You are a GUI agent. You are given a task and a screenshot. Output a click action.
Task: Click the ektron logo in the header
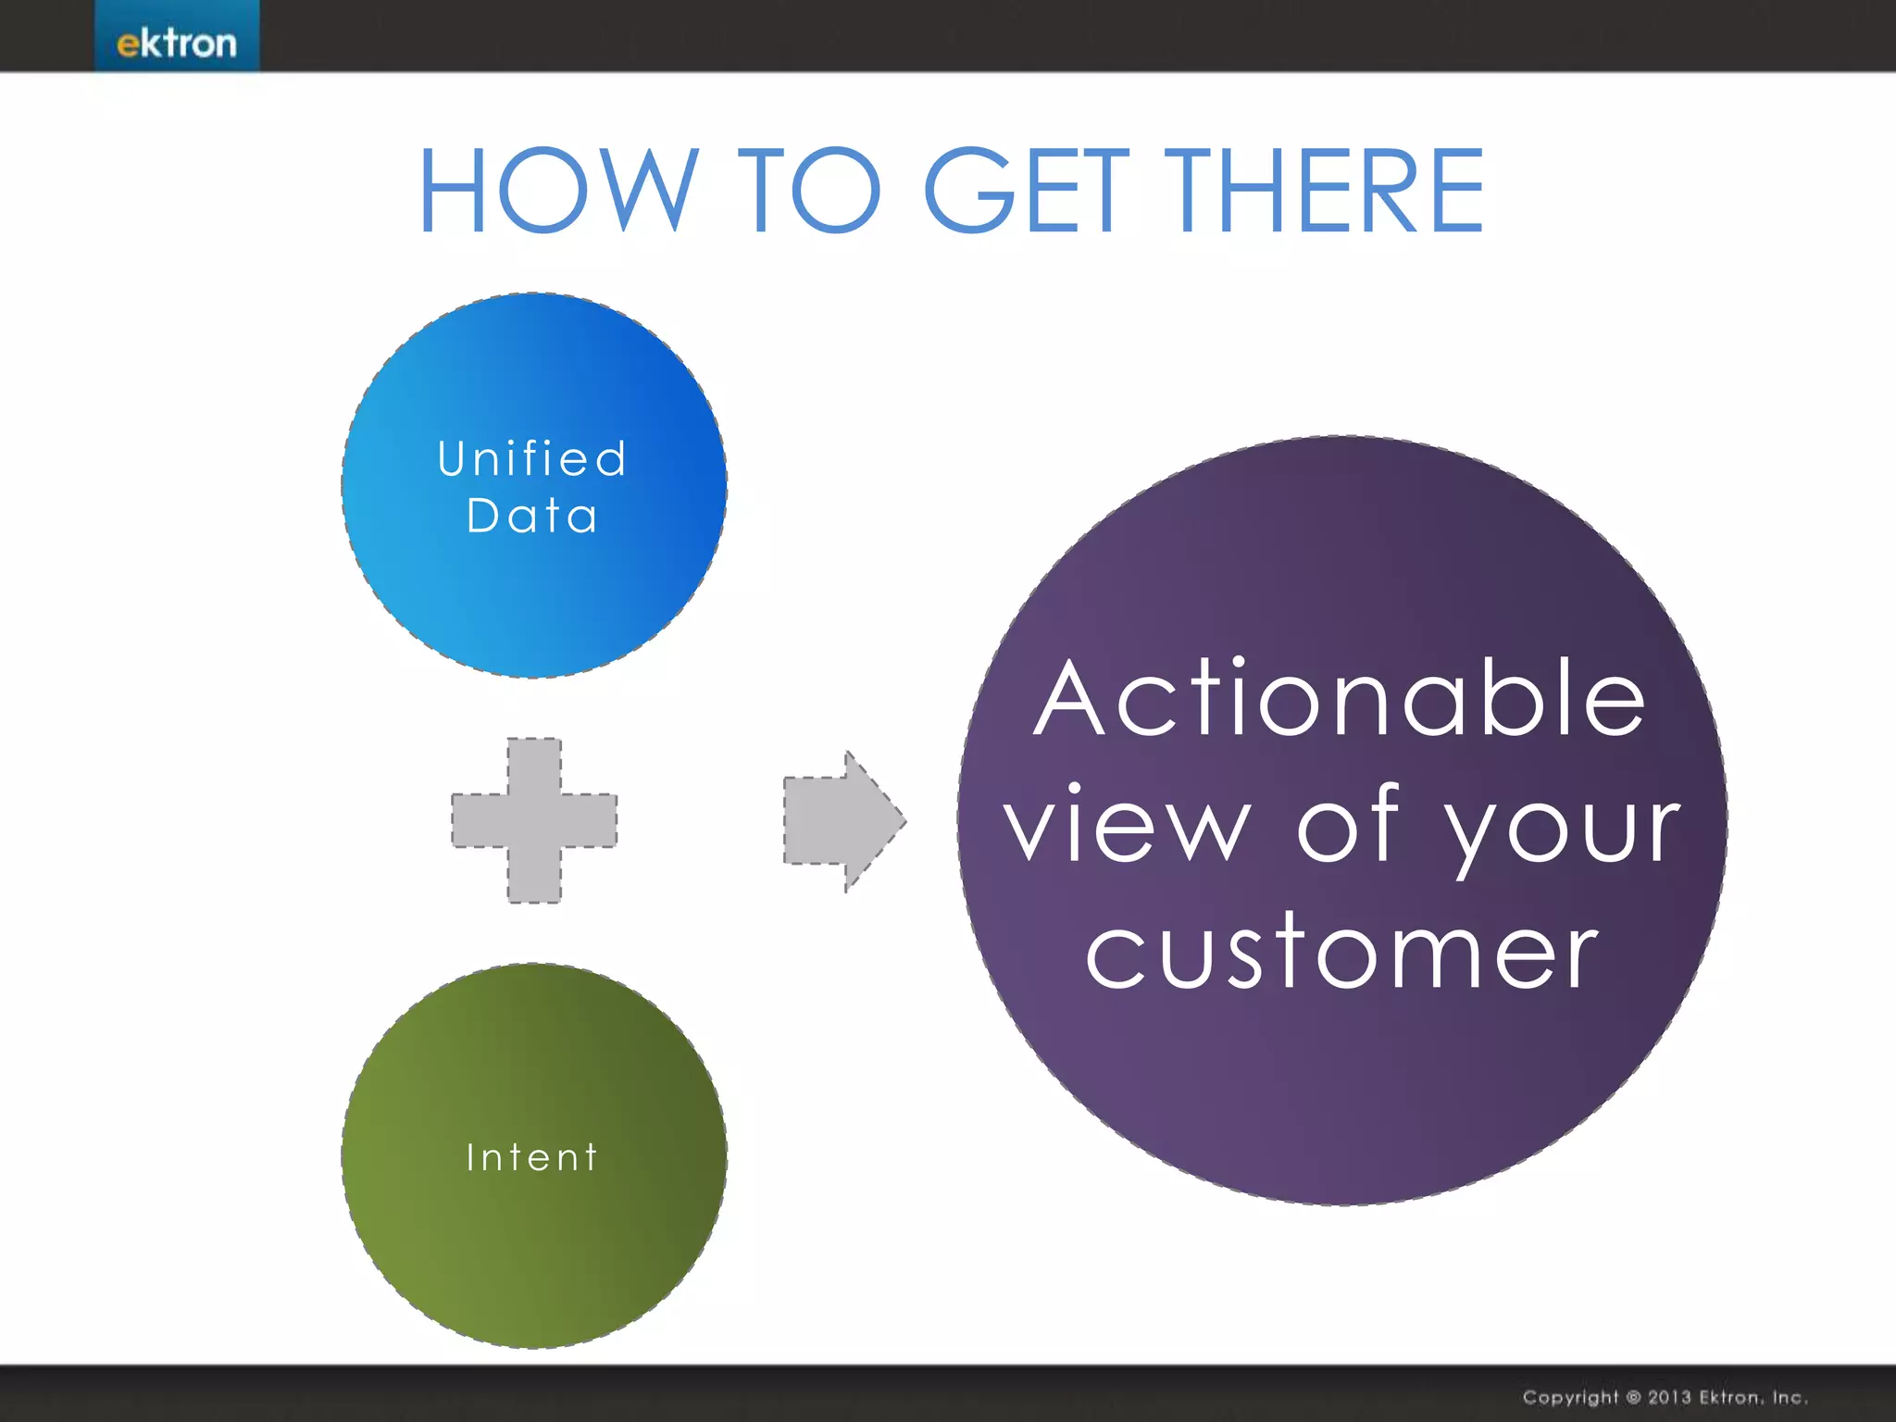coord(176,43)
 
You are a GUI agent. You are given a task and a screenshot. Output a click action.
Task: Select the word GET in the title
coord(1027,191)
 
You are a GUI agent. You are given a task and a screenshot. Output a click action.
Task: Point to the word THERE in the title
coord(1324,191)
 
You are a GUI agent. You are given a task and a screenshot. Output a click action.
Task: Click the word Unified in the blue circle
coord(532,459)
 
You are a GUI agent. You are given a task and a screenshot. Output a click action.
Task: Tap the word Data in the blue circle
coord(532,516)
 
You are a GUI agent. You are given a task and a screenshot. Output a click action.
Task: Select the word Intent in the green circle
coord(532,1157)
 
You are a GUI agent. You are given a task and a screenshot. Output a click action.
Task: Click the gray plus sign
coord(534,820)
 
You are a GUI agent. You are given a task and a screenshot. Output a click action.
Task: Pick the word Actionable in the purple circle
coord(1340,699)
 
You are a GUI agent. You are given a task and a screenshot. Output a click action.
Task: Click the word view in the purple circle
coord(1128,824)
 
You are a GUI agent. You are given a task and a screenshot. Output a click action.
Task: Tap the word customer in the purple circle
coord(1341,952)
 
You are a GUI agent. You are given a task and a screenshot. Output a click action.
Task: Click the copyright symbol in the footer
coord(1632,1397)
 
